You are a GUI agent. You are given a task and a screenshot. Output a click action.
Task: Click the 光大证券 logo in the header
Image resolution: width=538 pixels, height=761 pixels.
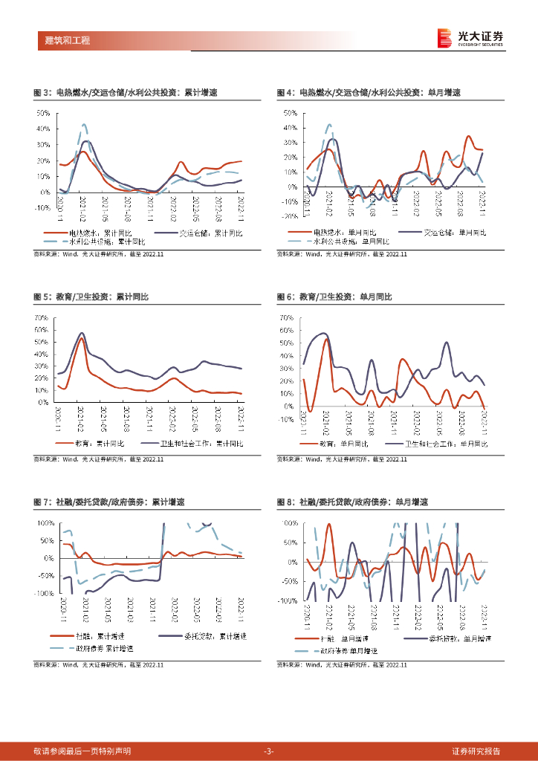470,38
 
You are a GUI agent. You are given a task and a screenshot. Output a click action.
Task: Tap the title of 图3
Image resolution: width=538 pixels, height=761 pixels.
126,93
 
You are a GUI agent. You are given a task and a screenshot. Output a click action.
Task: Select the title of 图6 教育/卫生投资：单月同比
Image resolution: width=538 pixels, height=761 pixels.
334,297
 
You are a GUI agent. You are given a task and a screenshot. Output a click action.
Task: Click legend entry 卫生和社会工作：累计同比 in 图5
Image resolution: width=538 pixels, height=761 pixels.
201,443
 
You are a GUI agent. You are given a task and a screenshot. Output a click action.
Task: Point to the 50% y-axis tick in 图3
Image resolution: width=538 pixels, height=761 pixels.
43,113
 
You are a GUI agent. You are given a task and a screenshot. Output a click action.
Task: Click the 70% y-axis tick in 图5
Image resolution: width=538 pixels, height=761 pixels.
42,318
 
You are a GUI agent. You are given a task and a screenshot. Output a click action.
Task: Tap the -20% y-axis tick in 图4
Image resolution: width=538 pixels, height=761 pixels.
288,217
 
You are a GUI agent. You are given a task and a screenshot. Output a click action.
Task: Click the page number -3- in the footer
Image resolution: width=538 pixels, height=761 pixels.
269,751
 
